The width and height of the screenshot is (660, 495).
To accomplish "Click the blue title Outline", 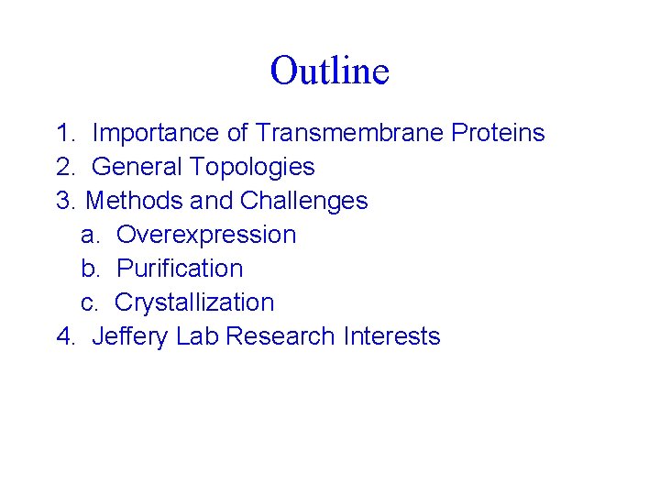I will pos(330,71).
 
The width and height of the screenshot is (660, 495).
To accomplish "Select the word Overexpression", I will pos(206,236).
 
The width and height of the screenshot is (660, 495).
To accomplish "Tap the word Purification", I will pos(180,269).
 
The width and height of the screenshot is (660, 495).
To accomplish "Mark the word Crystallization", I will pos(194,303).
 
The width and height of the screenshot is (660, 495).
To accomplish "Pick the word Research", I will pos(280,337).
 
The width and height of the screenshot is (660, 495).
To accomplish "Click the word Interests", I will pos(391,337).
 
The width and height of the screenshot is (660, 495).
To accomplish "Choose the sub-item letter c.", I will pos(88,303).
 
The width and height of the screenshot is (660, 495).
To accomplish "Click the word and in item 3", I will pos(210,202).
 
